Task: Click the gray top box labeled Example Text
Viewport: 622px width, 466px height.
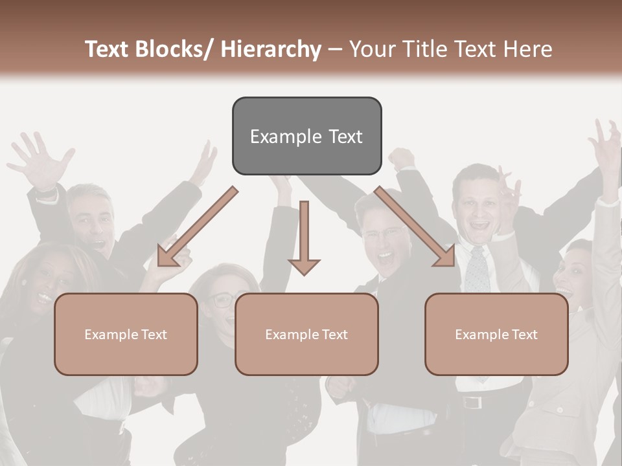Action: coord(306,136)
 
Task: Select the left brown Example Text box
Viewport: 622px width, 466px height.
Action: coord(126,334)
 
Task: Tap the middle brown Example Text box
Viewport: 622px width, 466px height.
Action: coord(306,334)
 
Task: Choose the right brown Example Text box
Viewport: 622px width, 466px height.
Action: coord(496,334)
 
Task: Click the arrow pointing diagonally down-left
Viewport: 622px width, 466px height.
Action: coord(194,230)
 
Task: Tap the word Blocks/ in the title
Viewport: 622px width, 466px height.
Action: coord(174,49)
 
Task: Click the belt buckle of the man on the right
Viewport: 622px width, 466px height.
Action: coord(472,402)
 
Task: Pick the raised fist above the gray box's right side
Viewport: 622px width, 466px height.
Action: coord(402,159)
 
